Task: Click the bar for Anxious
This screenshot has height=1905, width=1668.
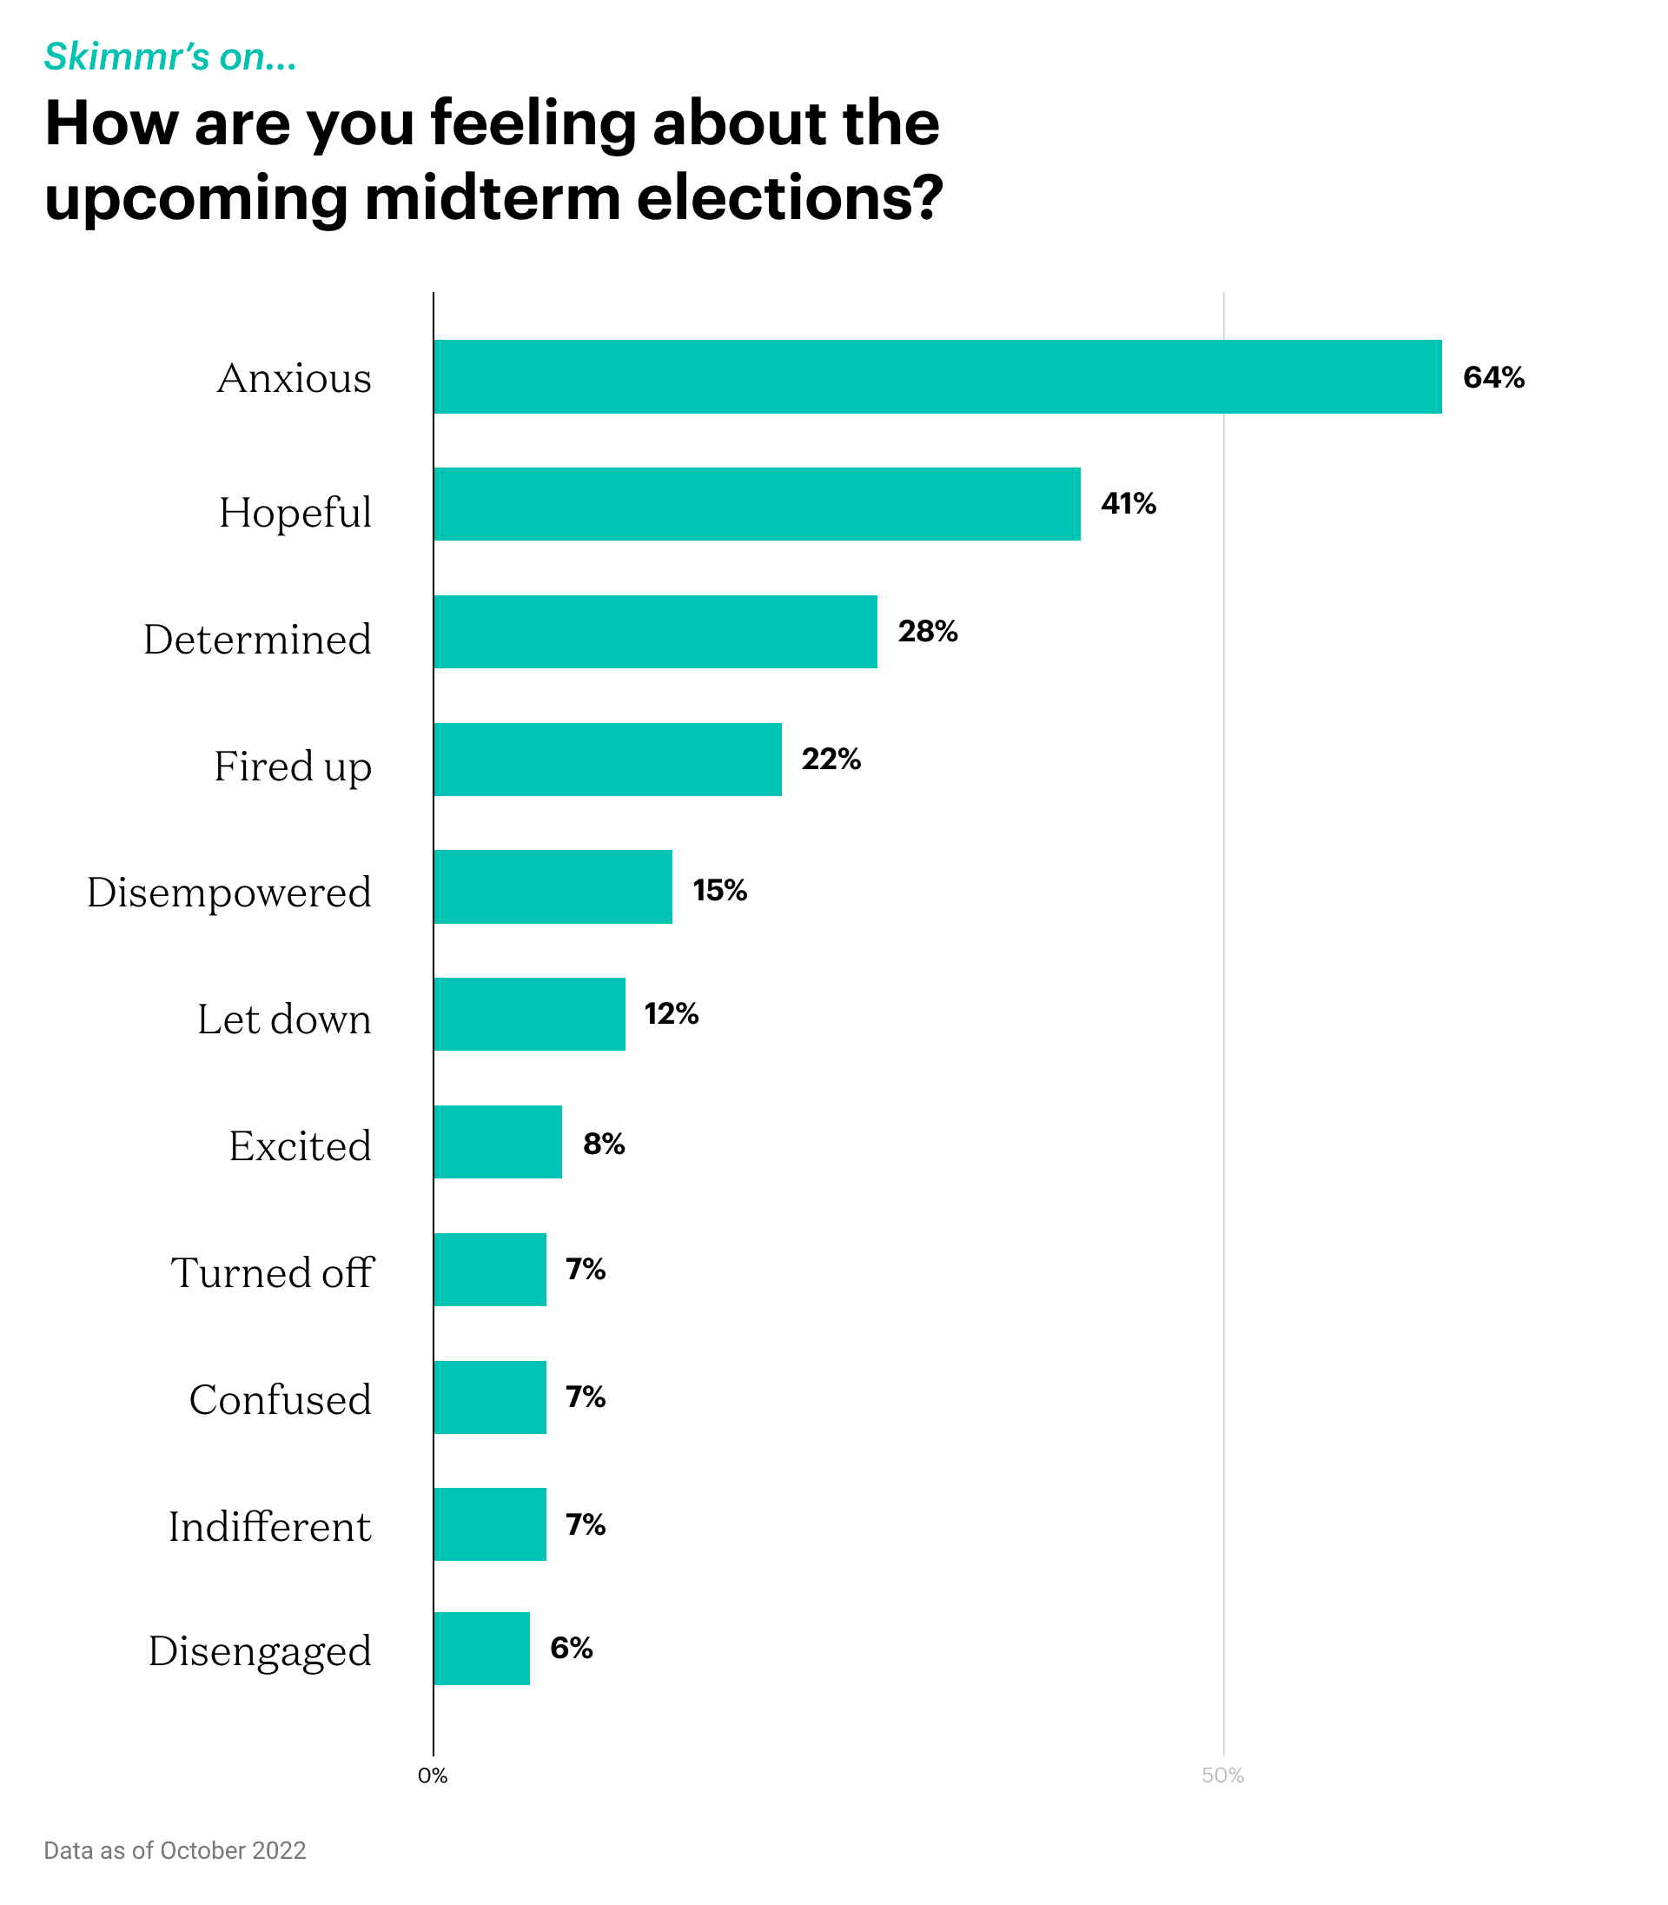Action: (937, 376)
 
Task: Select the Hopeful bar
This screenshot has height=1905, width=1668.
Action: (757, 504)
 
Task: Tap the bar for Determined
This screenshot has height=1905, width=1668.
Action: (655, 631)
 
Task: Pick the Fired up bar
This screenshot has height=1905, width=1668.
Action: (607, 759)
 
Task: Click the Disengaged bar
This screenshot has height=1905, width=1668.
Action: (481, 1648)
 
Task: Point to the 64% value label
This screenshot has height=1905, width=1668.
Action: (1493, 377)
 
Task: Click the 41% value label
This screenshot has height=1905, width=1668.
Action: (1129, 504)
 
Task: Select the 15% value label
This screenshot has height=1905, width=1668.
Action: (719, 890)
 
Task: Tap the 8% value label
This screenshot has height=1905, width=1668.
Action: (603, 1144)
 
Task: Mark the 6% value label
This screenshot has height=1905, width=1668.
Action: (571, 1648)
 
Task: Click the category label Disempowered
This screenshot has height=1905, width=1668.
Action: (229, 892)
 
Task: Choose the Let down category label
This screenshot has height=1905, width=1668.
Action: (284, 1019)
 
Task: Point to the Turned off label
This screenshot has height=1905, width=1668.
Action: (272, 1271)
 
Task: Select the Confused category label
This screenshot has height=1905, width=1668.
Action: (280, 1399)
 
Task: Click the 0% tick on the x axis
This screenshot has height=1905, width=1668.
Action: (433, 1776)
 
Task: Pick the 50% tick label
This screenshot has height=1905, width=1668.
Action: (1222, 1776)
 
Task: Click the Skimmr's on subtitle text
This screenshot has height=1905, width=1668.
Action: (170, 56)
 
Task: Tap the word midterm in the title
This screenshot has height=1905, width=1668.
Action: (493, 198)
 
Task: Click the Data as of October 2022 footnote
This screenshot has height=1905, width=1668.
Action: (175, 1850)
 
